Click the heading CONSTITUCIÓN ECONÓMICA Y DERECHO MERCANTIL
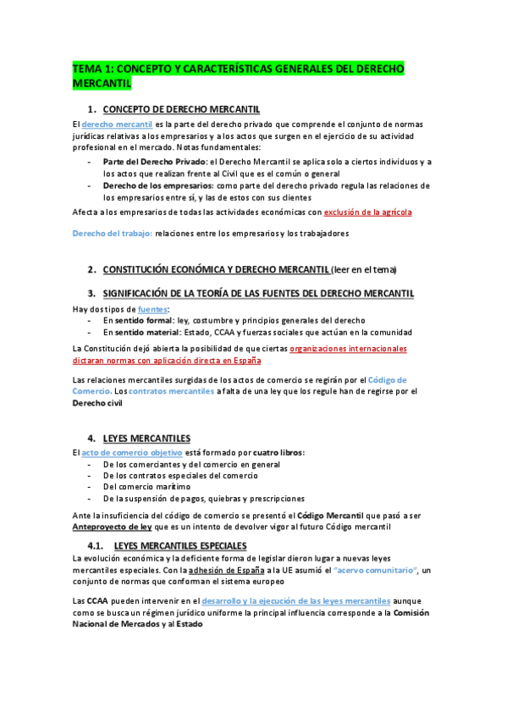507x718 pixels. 216,269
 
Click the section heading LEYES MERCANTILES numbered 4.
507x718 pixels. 146,438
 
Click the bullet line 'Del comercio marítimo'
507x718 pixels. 146,487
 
